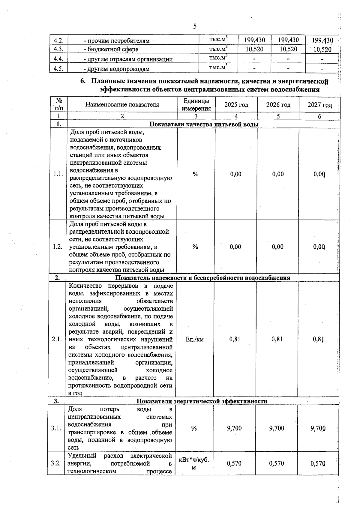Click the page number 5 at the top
(195, 26)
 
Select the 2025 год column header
(236, 105)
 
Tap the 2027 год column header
(319, 105)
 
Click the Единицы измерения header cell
(196, 105)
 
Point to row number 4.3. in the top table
(58, 49)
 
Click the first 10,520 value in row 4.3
(254, 49)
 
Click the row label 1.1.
(58, 174)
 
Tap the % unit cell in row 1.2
(195, 247)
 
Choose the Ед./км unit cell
(195, 339)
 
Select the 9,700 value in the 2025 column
(234, 428)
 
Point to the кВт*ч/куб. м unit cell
(194, 463)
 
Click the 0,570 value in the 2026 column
(276, 463)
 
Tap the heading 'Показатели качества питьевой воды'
(204, 124)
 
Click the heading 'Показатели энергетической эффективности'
(202, 401)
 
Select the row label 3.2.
(56, 463)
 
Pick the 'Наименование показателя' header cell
(122, 105)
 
